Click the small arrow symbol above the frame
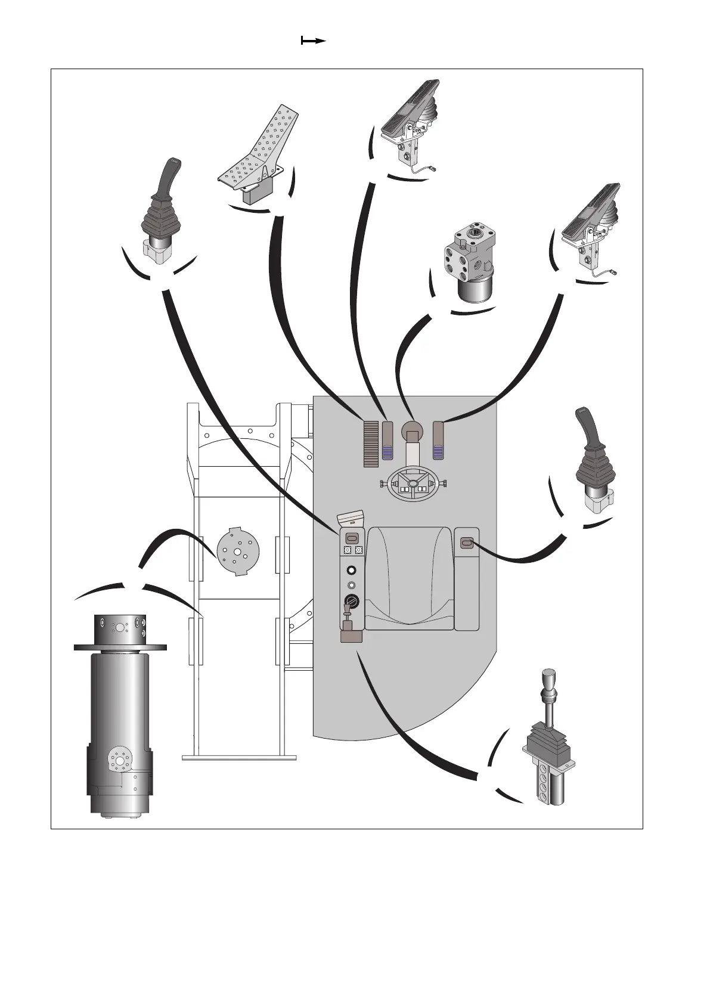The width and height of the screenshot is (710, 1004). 313,41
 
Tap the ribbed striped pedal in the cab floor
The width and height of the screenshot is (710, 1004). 371,444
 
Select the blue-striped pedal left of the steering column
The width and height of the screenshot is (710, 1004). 388,441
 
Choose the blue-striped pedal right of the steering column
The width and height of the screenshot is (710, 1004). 439,441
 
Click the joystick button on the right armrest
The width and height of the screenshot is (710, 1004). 467,543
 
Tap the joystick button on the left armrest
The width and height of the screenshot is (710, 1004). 351,537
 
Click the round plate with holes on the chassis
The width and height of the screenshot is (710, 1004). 237,551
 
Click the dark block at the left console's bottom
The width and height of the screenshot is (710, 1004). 351,637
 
